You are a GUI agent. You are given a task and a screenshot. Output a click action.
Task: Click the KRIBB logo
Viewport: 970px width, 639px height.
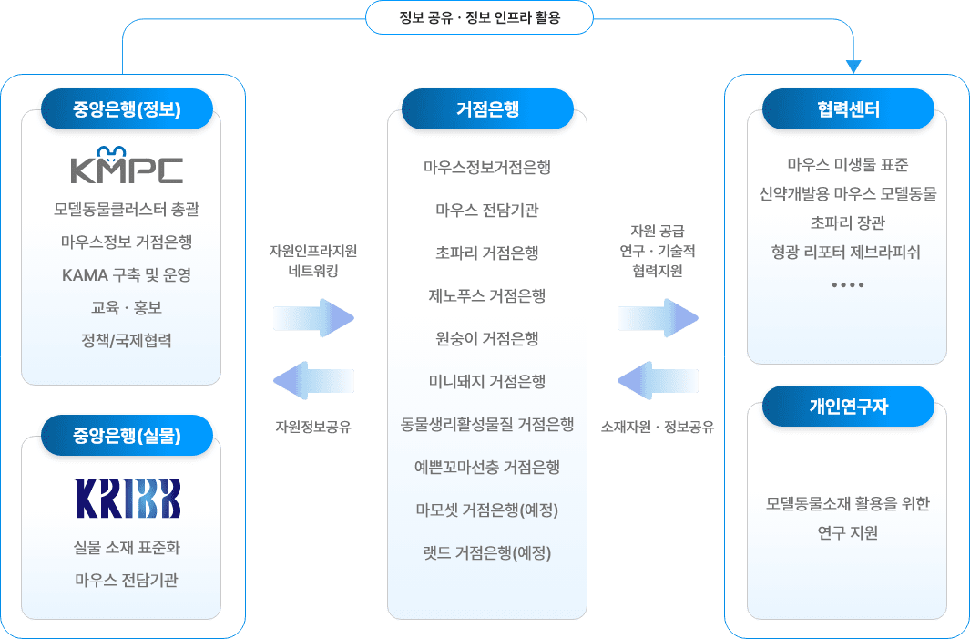(128, 499)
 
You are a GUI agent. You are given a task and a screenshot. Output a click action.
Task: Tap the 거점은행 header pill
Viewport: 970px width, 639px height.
(487, 110)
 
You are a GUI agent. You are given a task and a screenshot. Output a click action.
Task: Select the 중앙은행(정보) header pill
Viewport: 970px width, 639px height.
(128, 110)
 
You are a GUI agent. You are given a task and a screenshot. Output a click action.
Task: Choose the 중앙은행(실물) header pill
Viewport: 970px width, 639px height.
(128, 436)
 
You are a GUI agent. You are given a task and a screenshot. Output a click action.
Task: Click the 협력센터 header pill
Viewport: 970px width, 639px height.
(848, 110)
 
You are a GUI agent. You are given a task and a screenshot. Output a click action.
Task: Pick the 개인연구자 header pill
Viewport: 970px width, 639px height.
(848, 407)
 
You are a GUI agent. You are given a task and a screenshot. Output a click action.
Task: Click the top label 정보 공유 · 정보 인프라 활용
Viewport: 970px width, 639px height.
(479, 17)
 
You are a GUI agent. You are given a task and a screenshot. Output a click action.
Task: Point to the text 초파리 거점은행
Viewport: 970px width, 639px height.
(487, 253)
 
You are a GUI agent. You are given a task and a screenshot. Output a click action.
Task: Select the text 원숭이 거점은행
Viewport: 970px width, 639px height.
(487, 338)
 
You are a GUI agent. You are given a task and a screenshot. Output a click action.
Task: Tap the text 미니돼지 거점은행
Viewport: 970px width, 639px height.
(487, 381)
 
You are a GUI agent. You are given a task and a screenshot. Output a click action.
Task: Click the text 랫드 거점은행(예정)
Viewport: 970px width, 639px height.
(487, 551)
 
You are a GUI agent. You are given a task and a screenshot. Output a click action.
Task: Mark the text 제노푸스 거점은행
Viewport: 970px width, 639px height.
(487, 295)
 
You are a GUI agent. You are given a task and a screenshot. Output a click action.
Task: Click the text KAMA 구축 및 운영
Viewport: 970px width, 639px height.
(127, 274)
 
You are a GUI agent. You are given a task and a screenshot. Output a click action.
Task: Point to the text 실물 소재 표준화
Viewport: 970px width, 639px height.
(127, 548)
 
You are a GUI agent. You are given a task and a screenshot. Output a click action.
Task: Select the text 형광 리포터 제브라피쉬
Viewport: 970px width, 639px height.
(846, 252)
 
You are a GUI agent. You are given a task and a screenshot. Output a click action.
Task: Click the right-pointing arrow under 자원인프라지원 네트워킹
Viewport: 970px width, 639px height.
(313, 318)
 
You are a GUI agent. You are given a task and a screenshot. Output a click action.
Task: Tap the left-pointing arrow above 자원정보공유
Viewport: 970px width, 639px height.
(313, 379)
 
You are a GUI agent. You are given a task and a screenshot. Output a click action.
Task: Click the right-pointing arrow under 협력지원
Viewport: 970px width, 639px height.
(658, 318)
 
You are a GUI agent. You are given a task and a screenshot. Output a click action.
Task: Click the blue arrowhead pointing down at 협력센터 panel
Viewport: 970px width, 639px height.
(853, 67)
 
